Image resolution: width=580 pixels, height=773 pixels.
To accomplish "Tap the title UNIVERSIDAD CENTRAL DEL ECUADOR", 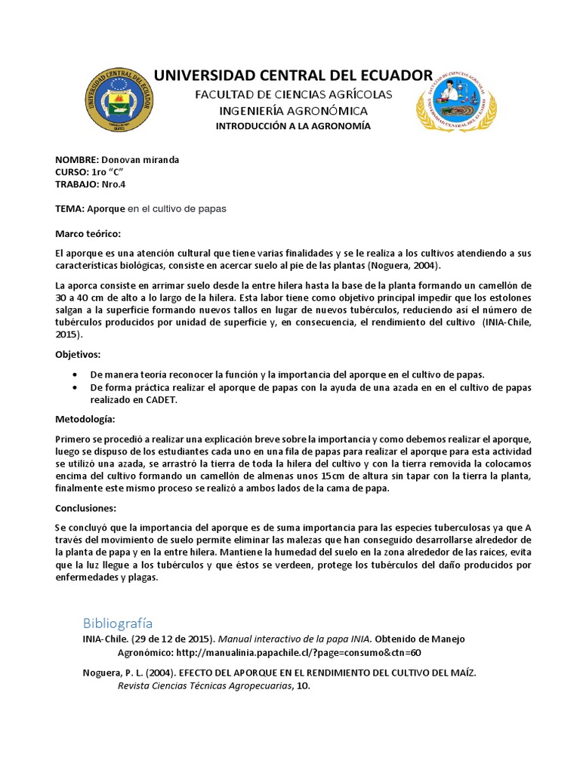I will pos(293,75).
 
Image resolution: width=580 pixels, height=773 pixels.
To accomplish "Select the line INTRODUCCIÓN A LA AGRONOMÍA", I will pos(293,126).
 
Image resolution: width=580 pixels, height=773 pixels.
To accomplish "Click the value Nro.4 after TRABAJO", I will pos(112,184).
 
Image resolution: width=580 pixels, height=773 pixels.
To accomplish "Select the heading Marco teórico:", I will pos(88,233).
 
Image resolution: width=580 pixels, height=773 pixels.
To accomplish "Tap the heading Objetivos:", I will pos(78,354).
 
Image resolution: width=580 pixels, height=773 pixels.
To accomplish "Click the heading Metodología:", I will pos(85,419).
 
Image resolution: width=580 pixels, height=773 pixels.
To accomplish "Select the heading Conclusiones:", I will pos(85,508).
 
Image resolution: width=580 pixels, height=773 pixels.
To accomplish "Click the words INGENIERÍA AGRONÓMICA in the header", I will pos(293,110).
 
